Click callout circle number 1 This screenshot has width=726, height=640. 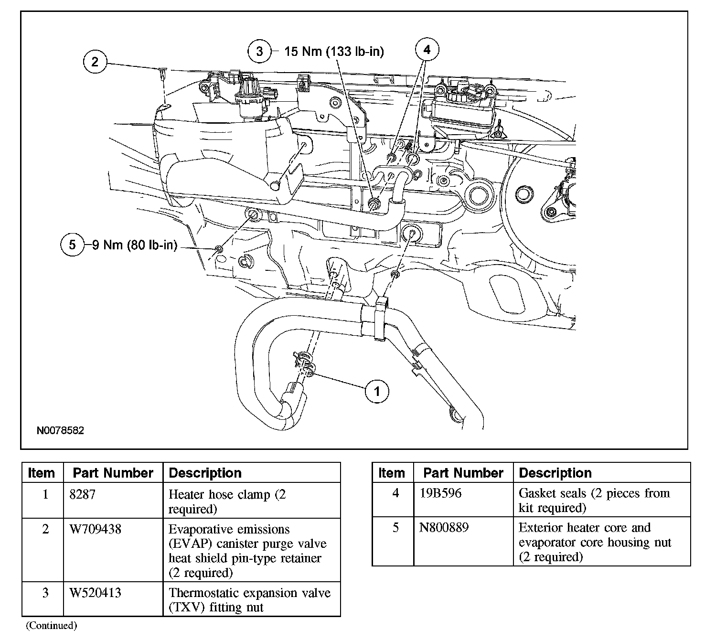377,392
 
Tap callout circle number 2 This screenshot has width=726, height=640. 95,62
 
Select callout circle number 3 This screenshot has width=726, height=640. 259,51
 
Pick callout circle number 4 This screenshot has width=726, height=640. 427,50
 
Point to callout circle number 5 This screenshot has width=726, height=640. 72,245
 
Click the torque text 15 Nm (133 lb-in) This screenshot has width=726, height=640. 334,52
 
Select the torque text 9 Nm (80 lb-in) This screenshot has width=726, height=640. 134,245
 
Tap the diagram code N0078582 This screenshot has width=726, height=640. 61,430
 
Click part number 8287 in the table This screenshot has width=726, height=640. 82,494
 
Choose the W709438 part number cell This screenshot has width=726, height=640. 95,529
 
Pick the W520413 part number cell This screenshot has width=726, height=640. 95,593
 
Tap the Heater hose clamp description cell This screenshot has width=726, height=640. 227,501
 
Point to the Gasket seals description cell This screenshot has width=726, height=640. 594,500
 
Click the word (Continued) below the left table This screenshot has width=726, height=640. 51,625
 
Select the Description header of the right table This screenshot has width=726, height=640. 555,473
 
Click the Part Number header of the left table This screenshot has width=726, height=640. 113,473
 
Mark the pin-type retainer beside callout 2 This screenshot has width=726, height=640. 163,73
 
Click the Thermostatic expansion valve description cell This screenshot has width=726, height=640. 249,600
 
